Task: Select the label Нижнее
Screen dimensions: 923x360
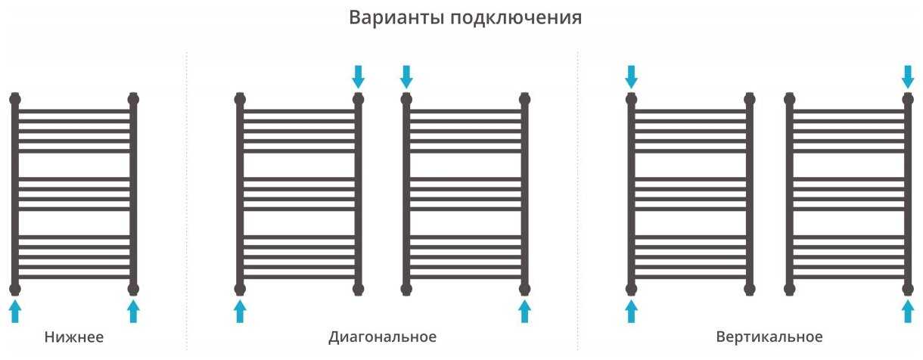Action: click(x=74, y=337)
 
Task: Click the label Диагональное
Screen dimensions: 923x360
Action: click(x=382, y=337)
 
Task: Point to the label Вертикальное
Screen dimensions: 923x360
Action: click(x=769, y=337)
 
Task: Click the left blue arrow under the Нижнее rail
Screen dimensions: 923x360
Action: click(x=15, y=312)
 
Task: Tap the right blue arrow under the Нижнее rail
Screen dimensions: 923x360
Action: click(x=133, y=312)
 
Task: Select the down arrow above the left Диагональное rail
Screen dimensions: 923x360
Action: click(x=358, y=76)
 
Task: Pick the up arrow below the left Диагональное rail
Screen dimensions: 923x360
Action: click(x=240, y=312)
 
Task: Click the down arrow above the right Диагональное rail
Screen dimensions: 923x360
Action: click(x=406, y=76)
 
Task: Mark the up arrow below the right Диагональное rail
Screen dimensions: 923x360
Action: click(x=524, y=312)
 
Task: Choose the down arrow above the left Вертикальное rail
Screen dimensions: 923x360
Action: click(x=631, y=76)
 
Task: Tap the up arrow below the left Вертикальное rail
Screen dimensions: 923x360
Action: click(x=631, y=312)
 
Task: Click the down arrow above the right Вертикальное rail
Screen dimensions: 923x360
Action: click(x=908, y=76)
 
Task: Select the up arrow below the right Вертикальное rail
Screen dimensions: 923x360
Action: click(x=908, y=312)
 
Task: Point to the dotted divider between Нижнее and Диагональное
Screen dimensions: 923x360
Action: click(x=187, y=201)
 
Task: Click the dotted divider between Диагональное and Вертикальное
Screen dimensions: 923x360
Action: click(x=578, y=201)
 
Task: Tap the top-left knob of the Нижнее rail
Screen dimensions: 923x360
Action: click(x=15, y=99)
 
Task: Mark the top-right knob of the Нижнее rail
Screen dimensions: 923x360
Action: click(x=133, y=99)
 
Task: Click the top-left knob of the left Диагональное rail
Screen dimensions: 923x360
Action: click(x=240, y=99)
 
